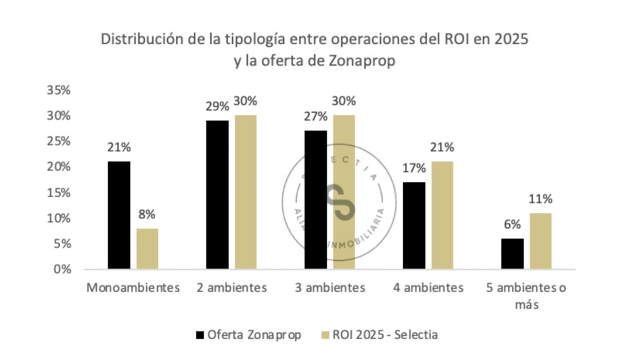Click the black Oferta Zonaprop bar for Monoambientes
coord(119,215)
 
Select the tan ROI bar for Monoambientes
coord(147,249)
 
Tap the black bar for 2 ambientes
coord(217,195)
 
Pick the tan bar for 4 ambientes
coord(442,215)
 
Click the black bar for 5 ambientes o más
coord(512,254)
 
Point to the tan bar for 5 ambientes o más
coord(540,241)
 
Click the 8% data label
coord(147,215)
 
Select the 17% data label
coord(414,168)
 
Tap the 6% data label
coord(512,225)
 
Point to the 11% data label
coord(541,199)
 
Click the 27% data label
coord(315,117)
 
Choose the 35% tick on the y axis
coord(58,91)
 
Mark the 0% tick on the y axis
coord(61,269)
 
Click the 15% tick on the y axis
coord(58,193)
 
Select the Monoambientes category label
coord(133,288)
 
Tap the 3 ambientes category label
coord(330,288)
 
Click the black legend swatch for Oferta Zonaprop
coord(200,335)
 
